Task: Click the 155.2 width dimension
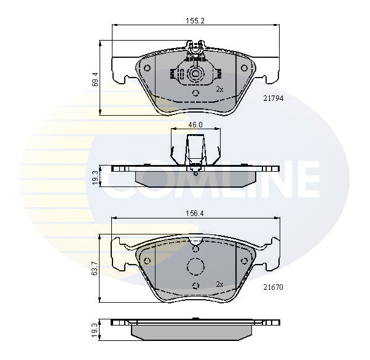tap(195, 21)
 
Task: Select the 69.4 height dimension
tap(95, 79)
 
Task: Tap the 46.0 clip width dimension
tap(195, 125)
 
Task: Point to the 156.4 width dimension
tap(195, 214)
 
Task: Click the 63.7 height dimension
tap(95, 269)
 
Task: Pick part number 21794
tap(274, 98)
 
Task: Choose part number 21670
tap(274, 287)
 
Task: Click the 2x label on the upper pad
tap(219, 89)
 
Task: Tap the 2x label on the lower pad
tap(219, 284)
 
